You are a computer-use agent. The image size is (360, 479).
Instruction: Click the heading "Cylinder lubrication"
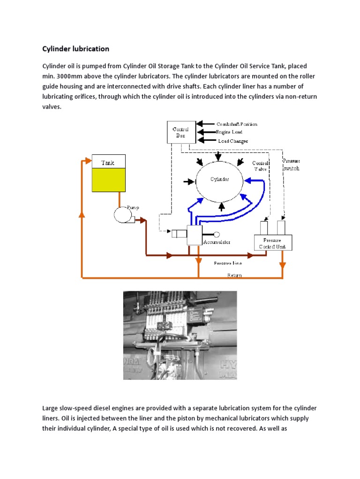pyautogui.click(x=76, y=49)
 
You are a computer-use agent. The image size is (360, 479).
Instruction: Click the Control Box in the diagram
pyautogui.click(x=180, y=132)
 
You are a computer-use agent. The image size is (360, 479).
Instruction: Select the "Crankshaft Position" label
pyautogui.click(x=236, y=124)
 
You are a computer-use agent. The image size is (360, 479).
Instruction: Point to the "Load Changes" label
pyautogui.click(x=233, y=141)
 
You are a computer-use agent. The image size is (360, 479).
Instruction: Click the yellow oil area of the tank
pyautogui.click(x=109, y=180)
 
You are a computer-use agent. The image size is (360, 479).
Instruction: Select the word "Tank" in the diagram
pyautogui.click(x=108, y=162)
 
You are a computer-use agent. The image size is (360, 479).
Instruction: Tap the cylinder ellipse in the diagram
pyautogui.click(x=219, y=180)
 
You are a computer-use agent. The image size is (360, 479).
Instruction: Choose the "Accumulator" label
pyautogui.click(x=217, y=242)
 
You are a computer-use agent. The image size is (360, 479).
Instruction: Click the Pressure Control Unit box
pyautogui.click(x=272, y=243)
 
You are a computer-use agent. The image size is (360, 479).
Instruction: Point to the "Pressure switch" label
pyautogui.click(x=291, y=164)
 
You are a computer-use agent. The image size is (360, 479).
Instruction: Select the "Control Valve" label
pyautogui.click(x=260, y=166)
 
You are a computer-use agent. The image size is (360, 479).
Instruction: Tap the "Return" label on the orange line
pyautogui.click(x=234, y=275)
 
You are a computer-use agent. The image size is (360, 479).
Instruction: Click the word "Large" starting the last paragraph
pyautogui.click(x=52, y=408)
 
